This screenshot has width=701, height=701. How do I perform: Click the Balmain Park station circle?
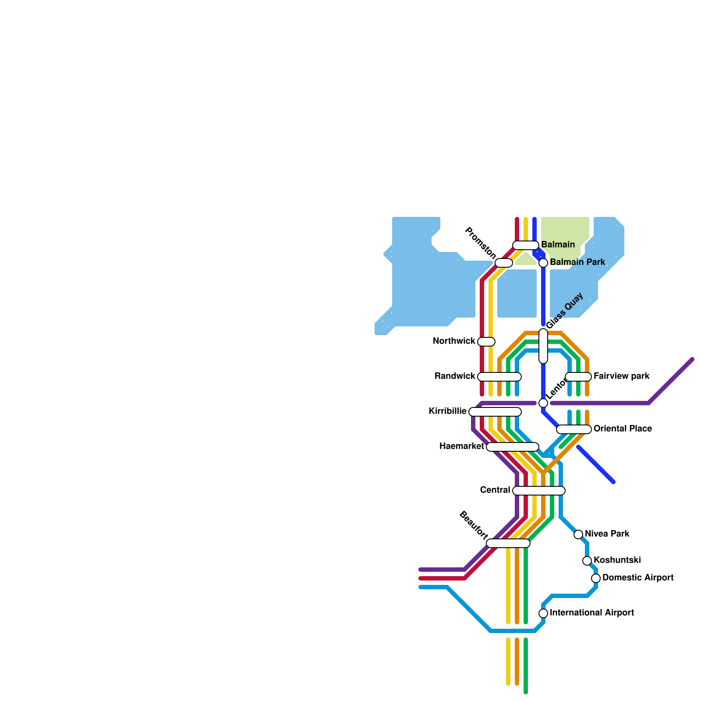[x=543, y=263]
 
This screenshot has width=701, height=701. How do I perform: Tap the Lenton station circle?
[x=543, y=403]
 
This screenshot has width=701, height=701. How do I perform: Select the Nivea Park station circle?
[x=578, y=535]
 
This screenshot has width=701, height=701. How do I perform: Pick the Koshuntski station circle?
[x=587, y=561]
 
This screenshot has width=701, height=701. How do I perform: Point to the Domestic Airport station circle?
[x=596, y=578]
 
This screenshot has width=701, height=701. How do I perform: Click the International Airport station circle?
[x=543, y=613]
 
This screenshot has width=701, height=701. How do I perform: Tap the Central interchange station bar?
[x=539, y=491]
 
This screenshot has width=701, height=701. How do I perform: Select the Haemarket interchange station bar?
[x=513, y=447]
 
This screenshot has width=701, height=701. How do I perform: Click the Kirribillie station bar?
[x=495, y=412]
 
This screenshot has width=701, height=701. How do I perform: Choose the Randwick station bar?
[x=499, y=377]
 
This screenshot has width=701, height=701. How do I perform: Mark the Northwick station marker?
[x=486, y=342]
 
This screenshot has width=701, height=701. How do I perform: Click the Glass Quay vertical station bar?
[x=543, y=346]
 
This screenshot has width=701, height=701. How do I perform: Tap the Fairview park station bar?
[x=578, y=377]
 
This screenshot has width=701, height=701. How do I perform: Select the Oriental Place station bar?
[x=574, y=429]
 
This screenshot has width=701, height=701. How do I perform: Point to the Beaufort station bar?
[x=508, y=543]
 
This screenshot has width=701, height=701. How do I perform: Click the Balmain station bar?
[x=526, y=245]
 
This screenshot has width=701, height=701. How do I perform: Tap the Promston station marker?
[x=504, y=263]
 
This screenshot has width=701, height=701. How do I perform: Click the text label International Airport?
[x=592, y=613]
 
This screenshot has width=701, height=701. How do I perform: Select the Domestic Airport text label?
[x=638, y=578]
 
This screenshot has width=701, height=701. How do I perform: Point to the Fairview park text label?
[x=621, y=376]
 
